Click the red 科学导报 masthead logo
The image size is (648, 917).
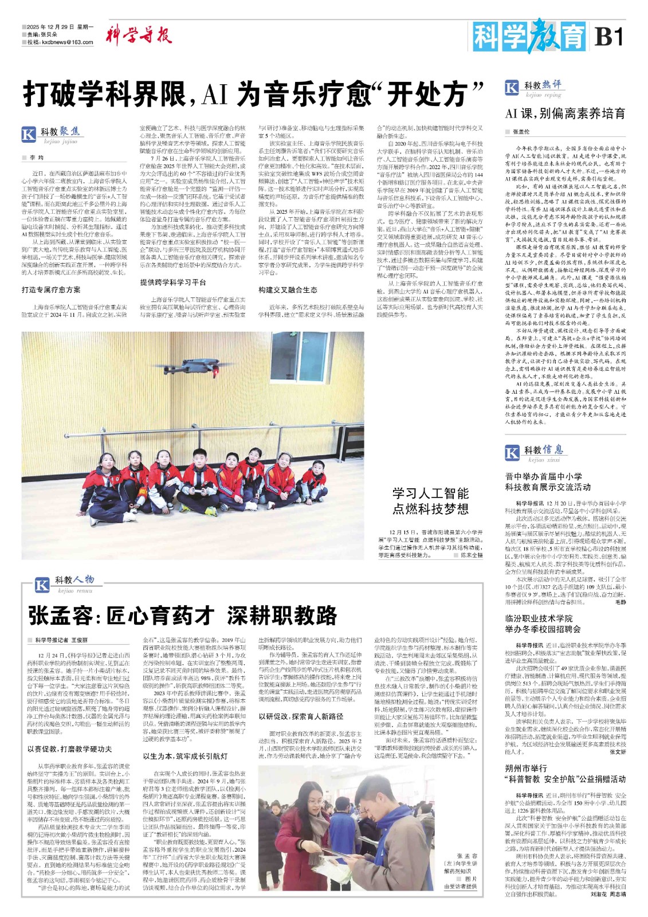point(139,36)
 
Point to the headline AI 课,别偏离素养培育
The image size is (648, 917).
point(565,113)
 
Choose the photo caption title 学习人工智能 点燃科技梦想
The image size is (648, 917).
point(430,501)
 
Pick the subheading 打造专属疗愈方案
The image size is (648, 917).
point(51,290)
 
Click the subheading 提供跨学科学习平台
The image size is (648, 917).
point(173,283)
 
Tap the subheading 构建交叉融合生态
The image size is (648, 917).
point(288,290)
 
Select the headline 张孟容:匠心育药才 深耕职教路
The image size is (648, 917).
point(183,616)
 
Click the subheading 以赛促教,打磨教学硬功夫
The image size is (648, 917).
point(69,749)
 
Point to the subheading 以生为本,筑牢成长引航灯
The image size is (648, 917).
point(185,757)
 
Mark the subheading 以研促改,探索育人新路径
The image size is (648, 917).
point(301,716)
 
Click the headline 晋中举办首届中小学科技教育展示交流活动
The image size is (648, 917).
point(548,481)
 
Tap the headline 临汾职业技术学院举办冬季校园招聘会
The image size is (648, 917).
point(543,624)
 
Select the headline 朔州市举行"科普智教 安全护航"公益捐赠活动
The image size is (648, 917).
point(565,774)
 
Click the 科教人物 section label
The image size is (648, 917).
point(74,580)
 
